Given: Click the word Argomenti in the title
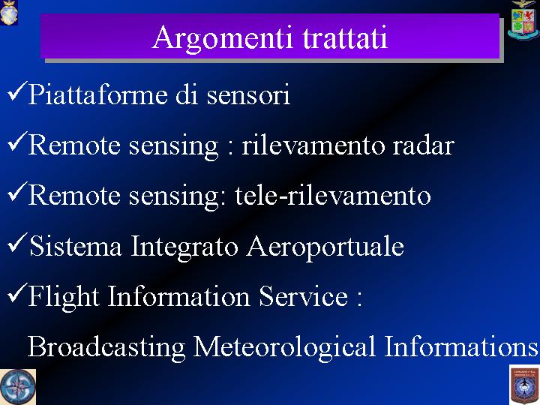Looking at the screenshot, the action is pos(223,38).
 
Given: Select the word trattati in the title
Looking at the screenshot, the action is pos(345,37).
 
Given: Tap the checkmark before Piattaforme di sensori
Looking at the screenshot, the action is pos(17,91).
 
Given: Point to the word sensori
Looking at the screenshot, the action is pos(248,95).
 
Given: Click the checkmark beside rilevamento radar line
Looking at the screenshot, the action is pos(17,142).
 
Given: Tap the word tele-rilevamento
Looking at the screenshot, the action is pos(333,195).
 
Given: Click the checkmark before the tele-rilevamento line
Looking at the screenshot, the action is pos(17,192).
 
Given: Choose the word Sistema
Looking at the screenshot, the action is pos(76,245).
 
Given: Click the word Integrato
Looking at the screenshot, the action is pos(184,247).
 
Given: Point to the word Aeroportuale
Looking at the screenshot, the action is pos(325,247).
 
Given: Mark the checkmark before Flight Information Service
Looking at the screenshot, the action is pos(17,293).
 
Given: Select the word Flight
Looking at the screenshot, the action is pos(64,296).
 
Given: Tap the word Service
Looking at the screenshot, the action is pos(304,295).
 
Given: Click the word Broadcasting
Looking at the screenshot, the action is pos(106,347).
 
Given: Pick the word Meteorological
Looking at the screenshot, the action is pos(283,347).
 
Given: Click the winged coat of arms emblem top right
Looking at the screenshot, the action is pos(523,20).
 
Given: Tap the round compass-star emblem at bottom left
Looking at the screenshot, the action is pos(17,387).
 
